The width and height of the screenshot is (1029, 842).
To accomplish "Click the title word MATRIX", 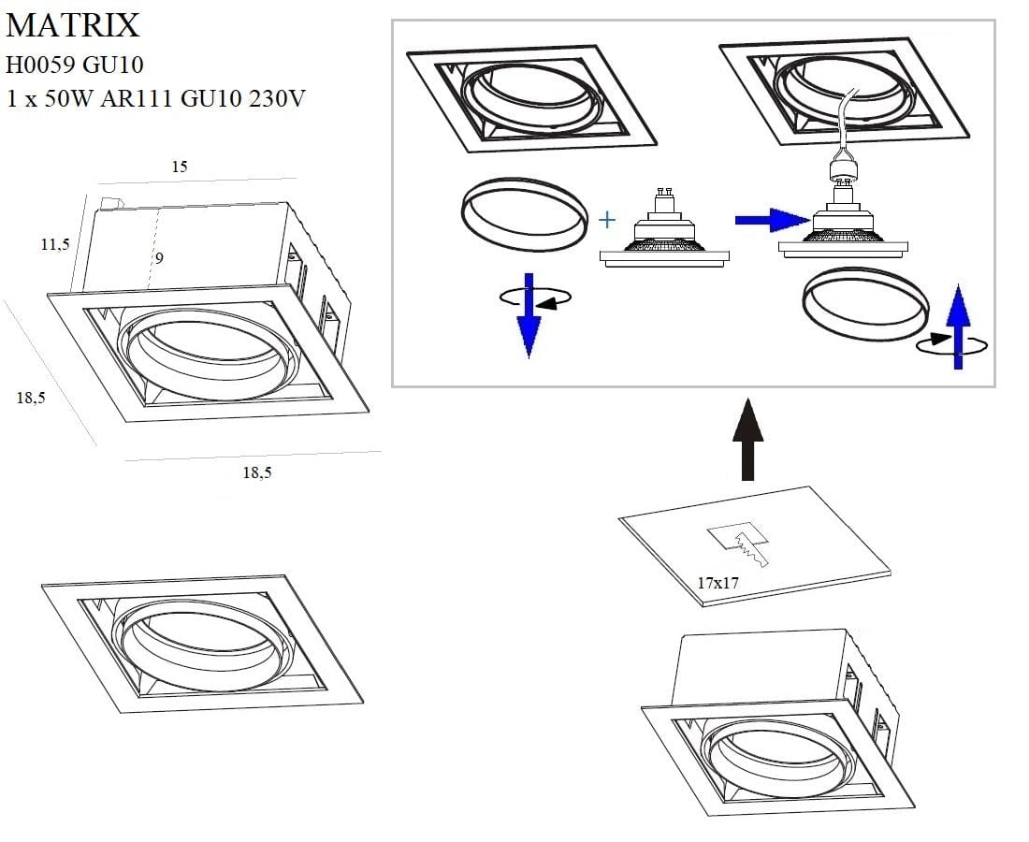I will pyautogui.click(x=73, y=25).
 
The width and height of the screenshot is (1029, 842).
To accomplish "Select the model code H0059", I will pyautogui.click(x=42, y=65).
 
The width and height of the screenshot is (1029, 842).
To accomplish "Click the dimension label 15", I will pyautogui.click(x=180, y=167).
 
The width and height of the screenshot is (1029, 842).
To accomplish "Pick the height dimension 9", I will pyautogui.click(x=159, y=258).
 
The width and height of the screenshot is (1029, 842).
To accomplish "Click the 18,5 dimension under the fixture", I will pyautogui.click(x=257, y=472).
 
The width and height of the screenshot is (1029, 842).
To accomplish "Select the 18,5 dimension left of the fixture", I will pyautogui.click(x=31, y=398).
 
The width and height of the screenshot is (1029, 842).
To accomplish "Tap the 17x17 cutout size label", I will pyautogui.click(x=718, y=583).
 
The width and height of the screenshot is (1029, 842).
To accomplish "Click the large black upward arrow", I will pyautogui.click(x=747, y=439).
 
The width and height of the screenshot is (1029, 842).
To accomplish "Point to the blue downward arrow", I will pyautogui.click(x=529, y=323).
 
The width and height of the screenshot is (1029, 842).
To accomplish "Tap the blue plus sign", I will pyautogui.click(x=608, y=221).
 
